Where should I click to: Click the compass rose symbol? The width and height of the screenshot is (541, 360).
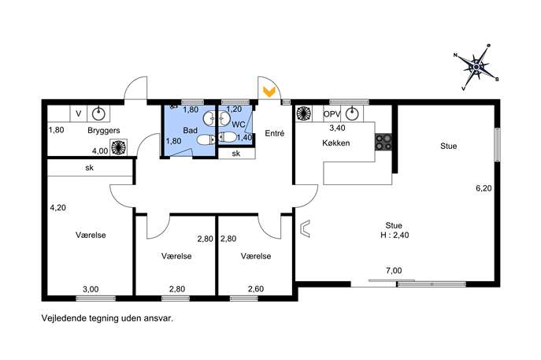pyautogui.click(x=476, y=67)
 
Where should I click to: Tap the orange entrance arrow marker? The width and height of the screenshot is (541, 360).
pyautogui.click(x=269, y=91)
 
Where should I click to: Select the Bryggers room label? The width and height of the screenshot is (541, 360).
pyautogui.click(x=104, y=131)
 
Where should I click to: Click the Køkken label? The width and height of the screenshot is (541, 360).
pyautogui.click(x=336, y=143)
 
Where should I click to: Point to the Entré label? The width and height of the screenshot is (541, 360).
pyautogui.click(x=275, y=133)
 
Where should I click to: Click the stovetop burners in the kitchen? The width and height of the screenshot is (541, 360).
pyautogui.click(x=384, y=142)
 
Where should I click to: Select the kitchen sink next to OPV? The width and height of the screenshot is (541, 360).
pyautogui.click(x=352, y=113)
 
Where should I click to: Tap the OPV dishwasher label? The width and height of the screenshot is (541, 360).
pyautogui.click(x=332, y=113)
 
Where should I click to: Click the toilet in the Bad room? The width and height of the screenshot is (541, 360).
pyautogui.click(x=206, y=139)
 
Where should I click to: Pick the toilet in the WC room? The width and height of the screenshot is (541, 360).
pyautogui.click(x=228, y=137)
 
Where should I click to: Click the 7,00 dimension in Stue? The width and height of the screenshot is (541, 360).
pyautogui.click(x=394, y=271)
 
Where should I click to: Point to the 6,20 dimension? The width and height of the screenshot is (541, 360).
pyautogui.click(x=484, y=188)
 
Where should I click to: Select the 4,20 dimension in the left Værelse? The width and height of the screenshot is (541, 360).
pyautogui.click(x=58, y=208)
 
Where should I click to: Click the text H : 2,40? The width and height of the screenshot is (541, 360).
pyautogui.click(x=394, y=235)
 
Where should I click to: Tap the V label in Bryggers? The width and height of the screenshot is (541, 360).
pyautogui.click(x=79, y=113)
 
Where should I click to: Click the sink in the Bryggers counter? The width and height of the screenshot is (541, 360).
pyautogui.click(x=98, y=113)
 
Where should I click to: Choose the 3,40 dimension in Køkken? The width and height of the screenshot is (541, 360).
pyautogui.click(x=337, y=128)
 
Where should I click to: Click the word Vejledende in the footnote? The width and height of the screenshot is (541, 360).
pyautogui.click(x=63, y=318)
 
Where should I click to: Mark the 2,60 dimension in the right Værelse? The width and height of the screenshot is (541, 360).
pyautogui.click(x=256, y=289)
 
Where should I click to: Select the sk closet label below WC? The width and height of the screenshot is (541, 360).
pyautogui.click(x=236, y=154)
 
